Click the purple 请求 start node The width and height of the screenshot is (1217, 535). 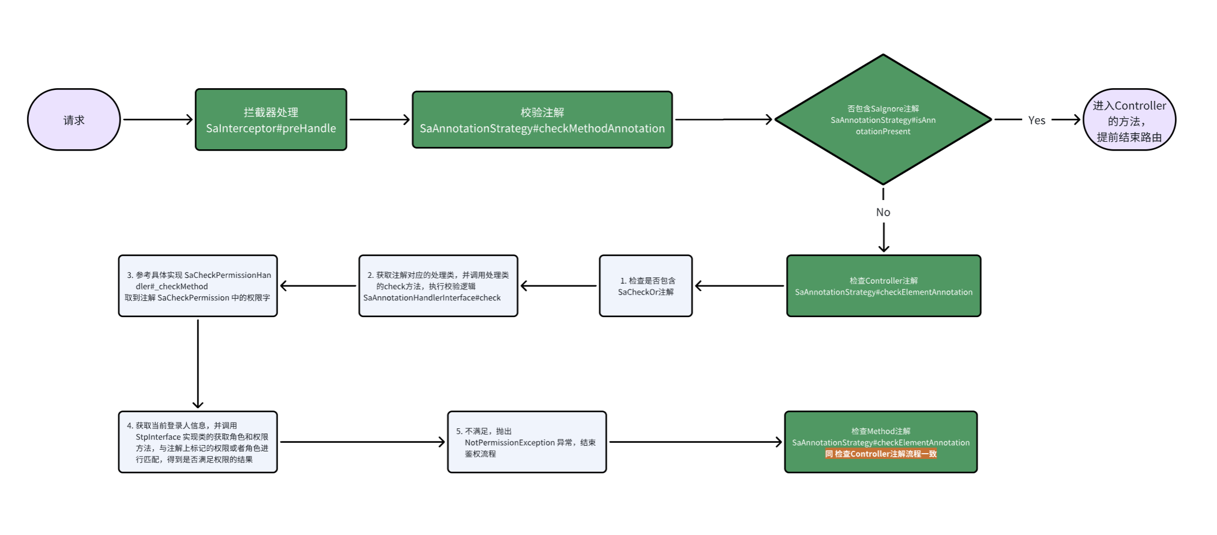74,120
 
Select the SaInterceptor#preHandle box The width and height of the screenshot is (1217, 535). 271,120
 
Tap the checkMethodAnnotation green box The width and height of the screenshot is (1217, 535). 542,120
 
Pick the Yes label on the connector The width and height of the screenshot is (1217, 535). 1036,120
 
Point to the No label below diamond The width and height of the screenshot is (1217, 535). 883,212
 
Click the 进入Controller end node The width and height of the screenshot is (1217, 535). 1129,120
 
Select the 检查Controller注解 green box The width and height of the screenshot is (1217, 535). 883,286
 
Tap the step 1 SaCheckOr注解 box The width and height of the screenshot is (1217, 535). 645,286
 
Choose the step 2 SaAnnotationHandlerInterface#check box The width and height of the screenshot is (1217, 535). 438,286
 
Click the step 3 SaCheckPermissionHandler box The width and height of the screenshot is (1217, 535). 198,286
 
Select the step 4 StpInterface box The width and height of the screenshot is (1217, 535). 198,442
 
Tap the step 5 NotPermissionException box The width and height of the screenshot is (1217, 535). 527,442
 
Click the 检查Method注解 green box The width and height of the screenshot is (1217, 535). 880,442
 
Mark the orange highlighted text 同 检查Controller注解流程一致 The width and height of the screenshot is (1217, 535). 880,454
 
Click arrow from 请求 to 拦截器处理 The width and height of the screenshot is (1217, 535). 157,120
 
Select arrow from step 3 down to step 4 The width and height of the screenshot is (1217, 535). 198,363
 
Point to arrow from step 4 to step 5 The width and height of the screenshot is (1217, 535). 362,442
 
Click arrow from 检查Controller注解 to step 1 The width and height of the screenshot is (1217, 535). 739,286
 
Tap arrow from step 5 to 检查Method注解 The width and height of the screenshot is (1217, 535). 695,442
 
